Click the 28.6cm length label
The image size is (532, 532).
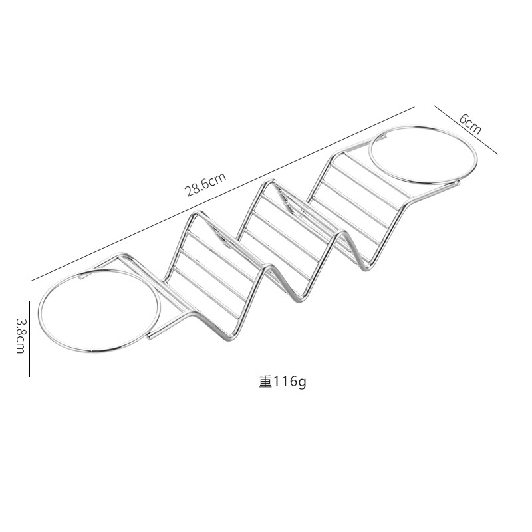(x=206, y=182)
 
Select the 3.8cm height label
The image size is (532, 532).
(x=20, y=335)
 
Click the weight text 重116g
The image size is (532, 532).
(x=283, y=382)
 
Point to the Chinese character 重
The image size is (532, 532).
(x=265, y=382)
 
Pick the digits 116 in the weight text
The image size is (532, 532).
(x=285, y=382)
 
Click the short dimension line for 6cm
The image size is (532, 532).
(x=465, y=130)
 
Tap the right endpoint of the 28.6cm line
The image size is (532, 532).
(x=414, y=106)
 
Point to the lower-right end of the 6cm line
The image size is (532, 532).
(x=497, y=154)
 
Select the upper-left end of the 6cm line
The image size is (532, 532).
(x=434, y=105)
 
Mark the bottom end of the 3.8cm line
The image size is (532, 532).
(x=30, y=376)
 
